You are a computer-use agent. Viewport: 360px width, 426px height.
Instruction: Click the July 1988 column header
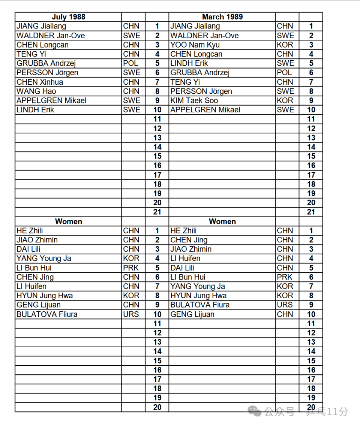(x=69, y=17)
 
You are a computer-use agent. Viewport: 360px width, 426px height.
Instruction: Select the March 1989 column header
(x=222, y=17)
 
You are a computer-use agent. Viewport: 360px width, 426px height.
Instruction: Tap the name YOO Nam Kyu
(x=195, y=45)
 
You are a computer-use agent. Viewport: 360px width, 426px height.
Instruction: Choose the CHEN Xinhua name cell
(x=40, y=82)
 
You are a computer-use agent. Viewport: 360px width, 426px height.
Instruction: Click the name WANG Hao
(x=36, y=91)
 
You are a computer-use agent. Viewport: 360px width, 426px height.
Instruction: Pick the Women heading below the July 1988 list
(x=69, y=221)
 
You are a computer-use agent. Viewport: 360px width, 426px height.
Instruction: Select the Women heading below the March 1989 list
(x=222, y=221)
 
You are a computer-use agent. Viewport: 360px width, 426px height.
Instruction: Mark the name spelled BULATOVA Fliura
(x=47, y=314)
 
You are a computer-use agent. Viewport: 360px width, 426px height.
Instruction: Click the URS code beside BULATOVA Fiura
(x=285, y=305)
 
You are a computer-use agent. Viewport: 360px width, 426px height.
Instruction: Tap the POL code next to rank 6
(x=284, y=73)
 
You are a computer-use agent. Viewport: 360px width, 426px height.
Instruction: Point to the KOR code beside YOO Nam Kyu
(x=285, y=45)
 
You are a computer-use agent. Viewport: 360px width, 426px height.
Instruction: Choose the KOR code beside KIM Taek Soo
(x=285, y=100)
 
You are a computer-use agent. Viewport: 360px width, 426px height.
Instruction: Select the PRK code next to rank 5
(x=131, y=268)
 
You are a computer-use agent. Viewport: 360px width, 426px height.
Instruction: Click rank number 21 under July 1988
(x=157, y=212)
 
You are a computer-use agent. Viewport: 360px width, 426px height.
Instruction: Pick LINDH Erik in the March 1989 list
(x=189, y=63)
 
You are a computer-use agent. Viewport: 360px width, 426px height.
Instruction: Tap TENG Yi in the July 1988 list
(x=31, y=54)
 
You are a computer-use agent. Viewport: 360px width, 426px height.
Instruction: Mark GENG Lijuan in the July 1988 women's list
(x=39, y=305)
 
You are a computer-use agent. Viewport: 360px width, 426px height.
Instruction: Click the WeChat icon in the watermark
(x=257, y=411)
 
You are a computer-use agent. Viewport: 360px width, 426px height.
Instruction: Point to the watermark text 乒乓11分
(x=327, y=412)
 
